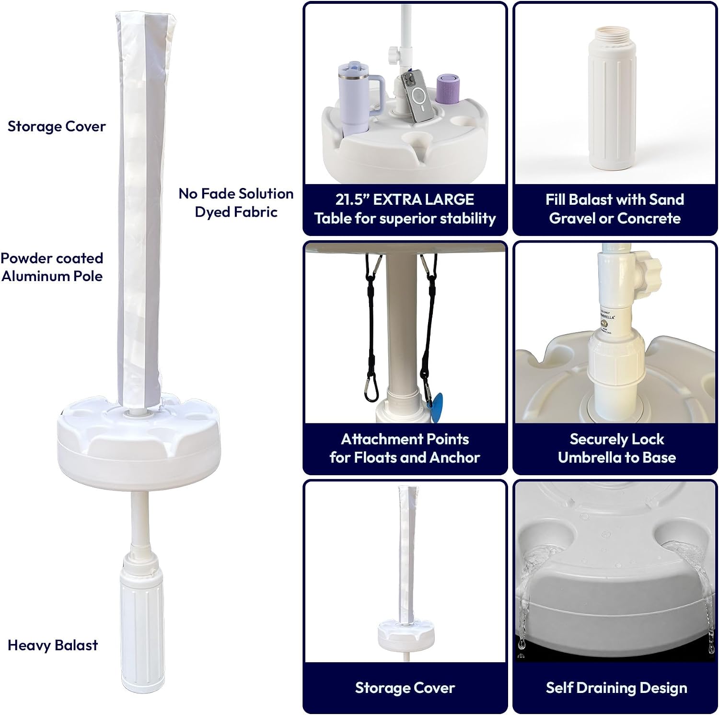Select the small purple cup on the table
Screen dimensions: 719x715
[x=448, y=88]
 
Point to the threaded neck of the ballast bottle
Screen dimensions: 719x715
[x=614, y=35]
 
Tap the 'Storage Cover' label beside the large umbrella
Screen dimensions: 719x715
[x=57, y=127]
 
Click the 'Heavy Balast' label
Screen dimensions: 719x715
[x=53, y=645]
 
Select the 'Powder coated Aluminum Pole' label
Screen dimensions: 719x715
[x=52, y=267]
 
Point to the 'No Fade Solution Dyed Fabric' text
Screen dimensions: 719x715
[x=236, y=202]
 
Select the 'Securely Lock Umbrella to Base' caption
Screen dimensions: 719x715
[x=616, y=448]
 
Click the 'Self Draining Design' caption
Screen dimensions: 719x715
[x=616, y=688]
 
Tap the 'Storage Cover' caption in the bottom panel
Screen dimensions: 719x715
[x=405, y=688]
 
